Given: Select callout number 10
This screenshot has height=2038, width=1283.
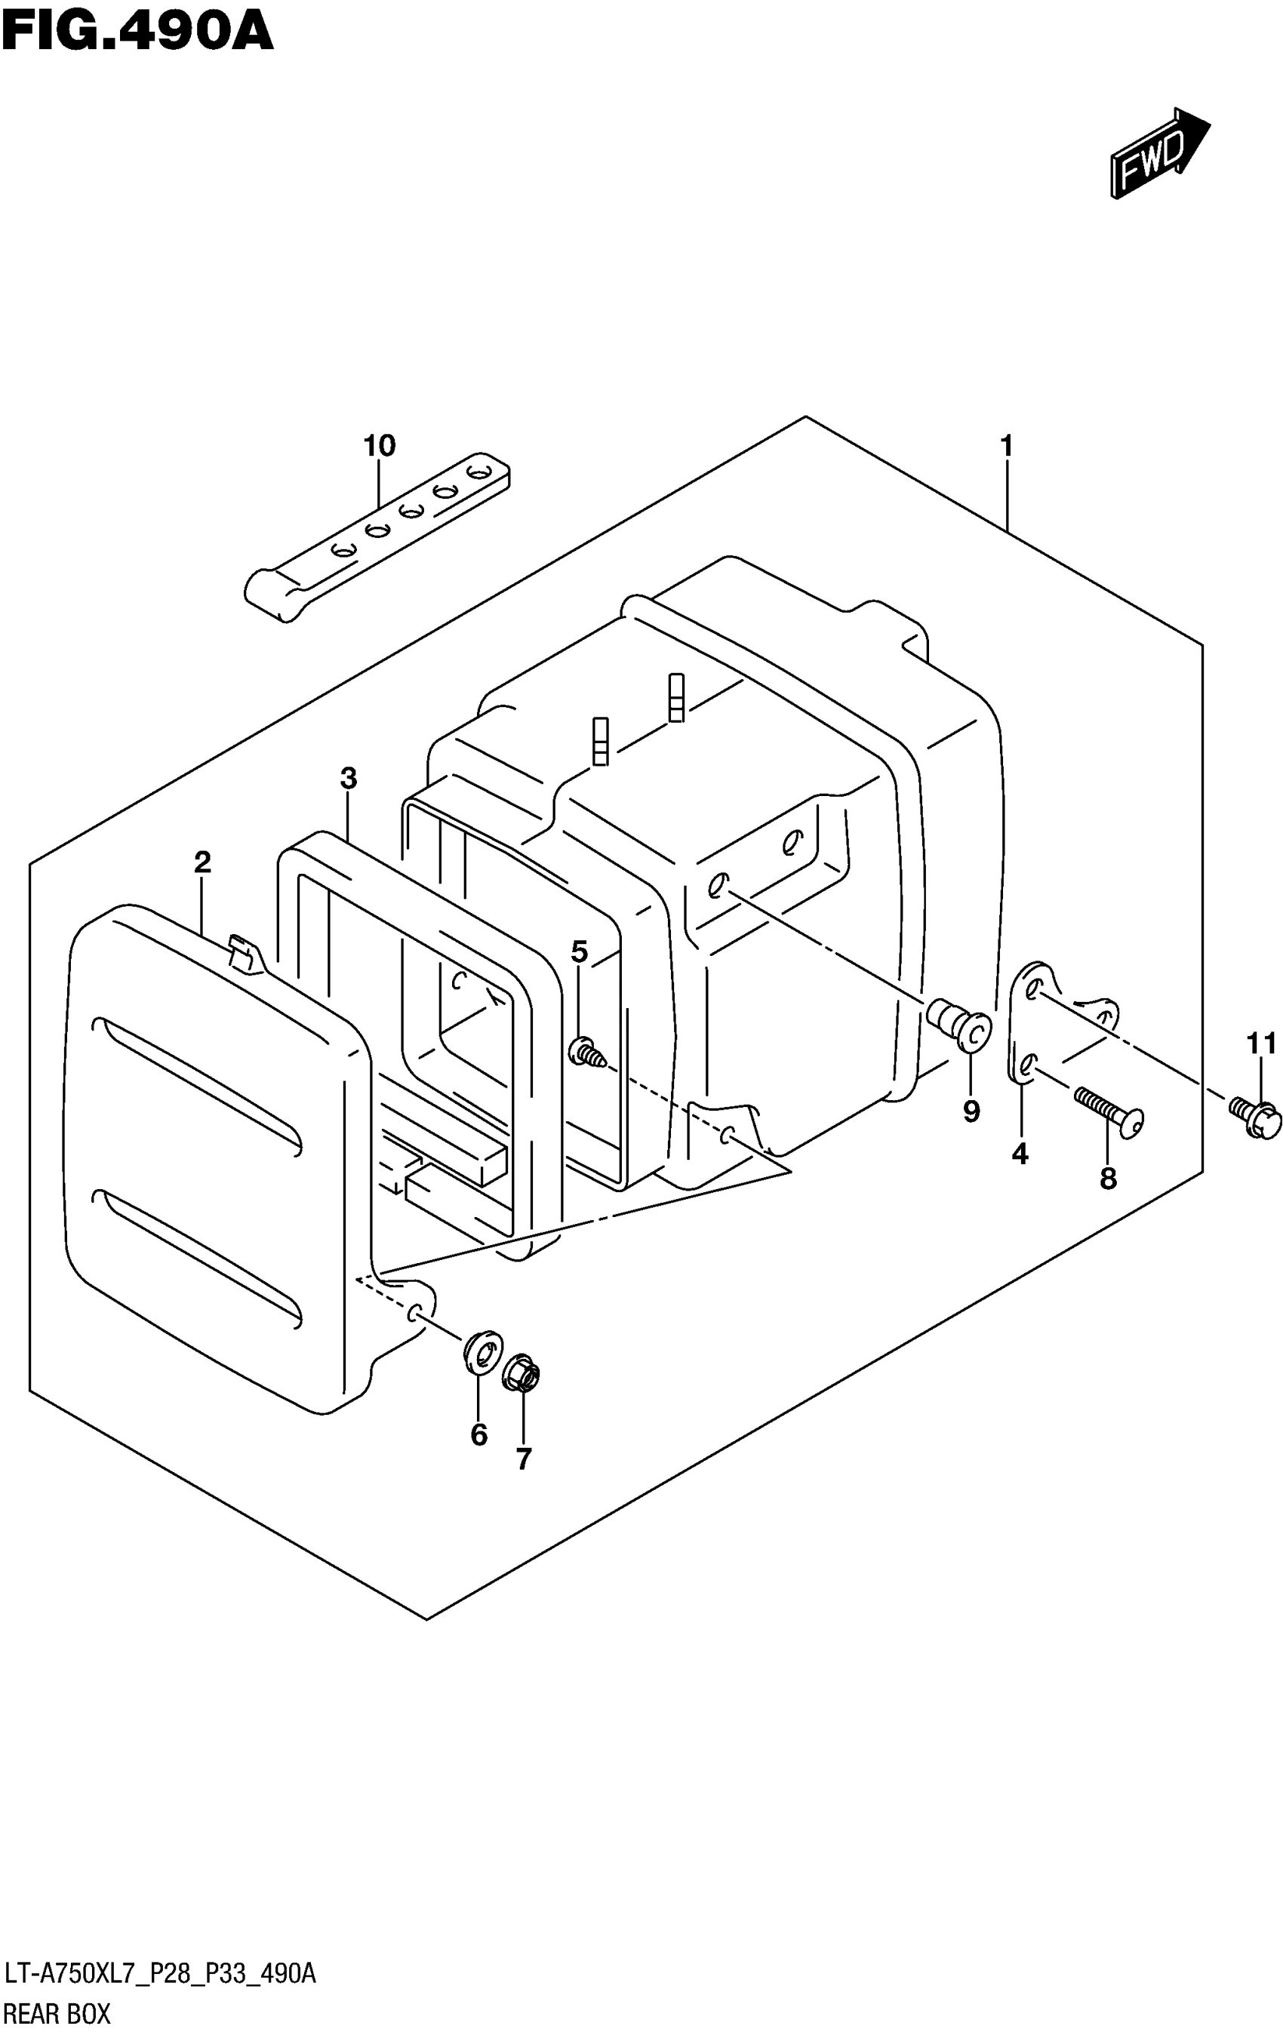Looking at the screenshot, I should pyautogui.click(x=379, y=445).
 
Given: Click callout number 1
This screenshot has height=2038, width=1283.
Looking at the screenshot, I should pyautogui.click(x=1006, y=445).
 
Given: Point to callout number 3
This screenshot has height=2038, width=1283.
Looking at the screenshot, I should pyautogui.click(x=349, y=778).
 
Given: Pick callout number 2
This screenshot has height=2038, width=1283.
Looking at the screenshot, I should pyautogui.click(x=202, y=862).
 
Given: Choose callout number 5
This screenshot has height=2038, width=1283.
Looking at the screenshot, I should pyautogui.click(x=579, y=951).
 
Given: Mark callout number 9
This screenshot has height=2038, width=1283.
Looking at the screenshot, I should pyautogui.click(x=971, y=1111).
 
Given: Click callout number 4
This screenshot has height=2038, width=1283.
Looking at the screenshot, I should pyautogui.click(x=1020, y=1153).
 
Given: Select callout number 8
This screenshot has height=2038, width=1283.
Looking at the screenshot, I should pyautogui.click(x=1108, y=1177).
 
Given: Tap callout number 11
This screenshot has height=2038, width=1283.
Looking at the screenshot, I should pyautogui.click(x=1261, y=1044).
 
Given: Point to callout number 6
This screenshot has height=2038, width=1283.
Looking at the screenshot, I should pyautogui.click(x=479, y=1434).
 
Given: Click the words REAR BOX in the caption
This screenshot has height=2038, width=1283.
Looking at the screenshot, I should pyautogui.click(x=57, y=2015).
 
